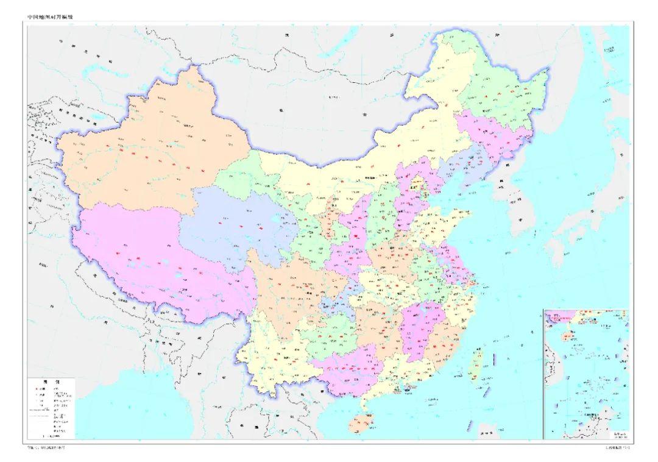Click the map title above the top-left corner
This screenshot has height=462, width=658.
tap(54, 17)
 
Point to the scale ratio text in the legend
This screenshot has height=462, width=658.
tap(51, 436)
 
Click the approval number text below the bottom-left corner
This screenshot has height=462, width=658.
tap(54, 448)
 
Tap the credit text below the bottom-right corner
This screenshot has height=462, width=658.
tap(615, 448)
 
